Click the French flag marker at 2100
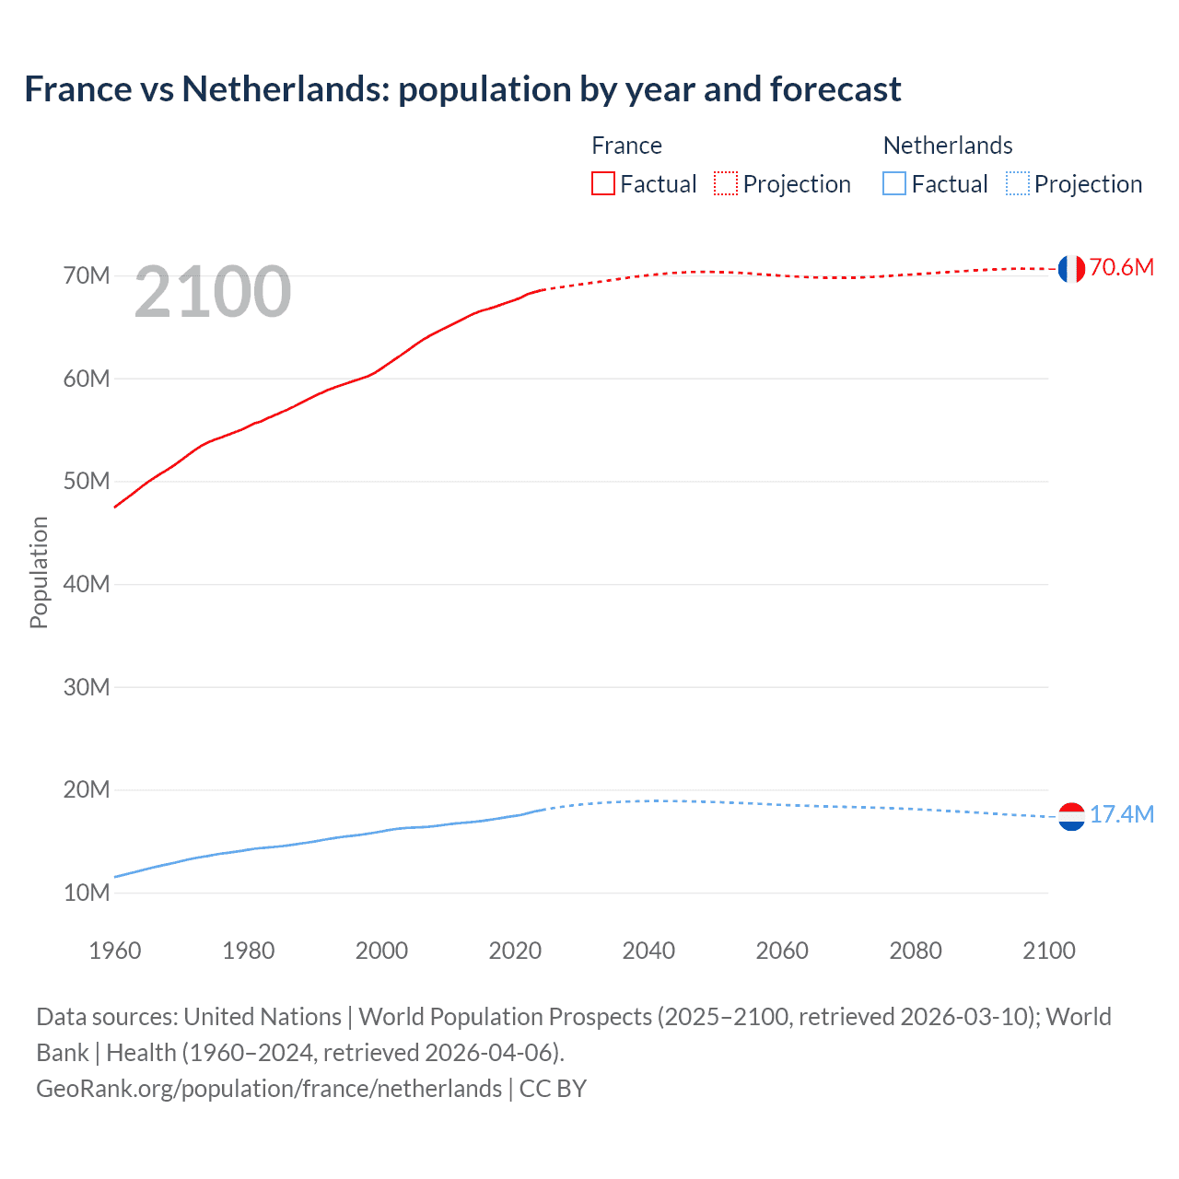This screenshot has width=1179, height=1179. point(1070,268)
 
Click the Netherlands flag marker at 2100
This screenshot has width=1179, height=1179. point(1071,816)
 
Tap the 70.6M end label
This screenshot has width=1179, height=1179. point(1121,267)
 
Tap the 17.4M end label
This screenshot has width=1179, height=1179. point(1121,814)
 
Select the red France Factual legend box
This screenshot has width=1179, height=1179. point(602,184)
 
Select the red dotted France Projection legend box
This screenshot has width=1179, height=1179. point(726,184)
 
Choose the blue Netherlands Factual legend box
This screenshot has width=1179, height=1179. point(893,184)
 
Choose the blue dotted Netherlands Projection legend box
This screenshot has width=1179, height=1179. point(1017,184)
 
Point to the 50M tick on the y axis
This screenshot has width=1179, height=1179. point(87,481)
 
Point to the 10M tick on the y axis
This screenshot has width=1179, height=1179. point(87,893)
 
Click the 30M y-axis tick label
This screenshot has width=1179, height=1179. point(87,687)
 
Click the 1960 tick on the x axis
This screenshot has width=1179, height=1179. point(115,951)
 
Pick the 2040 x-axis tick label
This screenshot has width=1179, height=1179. point(648,951)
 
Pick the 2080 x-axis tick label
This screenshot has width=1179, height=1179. point(916,951)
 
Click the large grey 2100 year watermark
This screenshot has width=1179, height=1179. point(213,292)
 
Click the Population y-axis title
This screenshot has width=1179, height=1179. point(39,572)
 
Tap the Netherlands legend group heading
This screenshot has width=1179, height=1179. point(948,146)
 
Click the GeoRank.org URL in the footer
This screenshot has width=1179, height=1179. point(269,1089)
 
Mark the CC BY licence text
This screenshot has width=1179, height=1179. point(553,1089)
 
